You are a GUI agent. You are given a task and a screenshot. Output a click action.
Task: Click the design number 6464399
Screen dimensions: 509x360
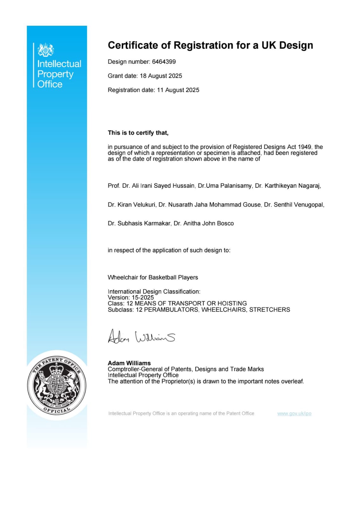coord(164,62)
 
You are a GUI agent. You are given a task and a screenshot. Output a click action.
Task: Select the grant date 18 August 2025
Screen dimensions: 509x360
coord(161,76)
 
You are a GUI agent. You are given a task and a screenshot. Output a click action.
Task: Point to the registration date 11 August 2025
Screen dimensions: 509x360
coord(178,90)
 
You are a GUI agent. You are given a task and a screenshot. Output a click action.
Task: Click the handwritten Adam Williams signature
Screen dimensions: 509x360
coord(141,337)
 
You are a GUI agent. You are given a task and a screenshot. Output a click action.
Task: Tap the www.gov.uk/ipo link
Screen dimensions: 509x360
coord(294,414)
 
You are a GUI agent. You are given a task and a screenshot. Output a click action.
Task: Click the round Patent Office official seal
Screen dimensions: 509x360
coord(56,385)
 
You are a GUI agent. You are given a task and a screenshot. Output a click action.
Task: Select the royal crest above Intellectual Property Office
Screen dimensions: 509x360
coord(46,50)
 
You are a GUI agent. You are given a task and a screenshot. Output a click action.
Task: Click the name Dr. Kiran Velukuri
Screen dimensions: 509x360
coord(131,205)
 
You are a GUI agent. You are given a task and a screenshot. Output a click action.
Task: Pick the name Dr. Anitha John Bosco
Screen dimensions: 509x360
coord(204,223)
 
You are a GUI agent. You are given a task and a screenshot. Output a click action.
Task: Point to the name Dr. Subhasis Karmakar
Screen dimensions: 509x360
coord(139,223)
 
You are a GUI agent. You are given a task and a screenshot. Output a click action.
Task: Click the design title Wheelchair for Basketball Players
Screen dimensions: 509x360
coord(153,277)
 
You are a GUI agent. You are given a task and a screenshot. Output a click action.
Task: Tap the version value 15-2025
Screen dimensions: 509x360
coord(143,297)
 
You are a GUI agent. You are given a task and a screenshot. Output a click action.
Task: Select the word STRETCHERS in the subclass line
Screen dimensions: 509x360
coord(270,310)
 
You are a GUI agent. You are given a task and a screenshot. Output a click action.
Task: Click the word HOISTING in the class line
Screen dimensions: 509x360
coord(232,303)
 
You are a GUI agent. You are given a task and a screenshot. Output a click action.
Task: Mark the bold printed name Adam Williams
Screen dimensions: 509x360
coord(129,363)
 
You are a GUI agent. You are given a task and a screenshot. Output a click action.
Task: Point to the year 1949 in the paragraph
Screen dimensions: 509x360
coord(305,147)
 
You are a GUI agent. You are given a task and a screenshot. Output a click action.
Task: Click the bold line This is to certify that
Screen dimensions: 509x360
coord(138,133)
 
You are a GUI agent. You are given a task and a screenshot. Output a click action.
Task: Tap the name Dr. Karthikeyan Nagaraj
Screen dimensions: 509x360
coord(288,186)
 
